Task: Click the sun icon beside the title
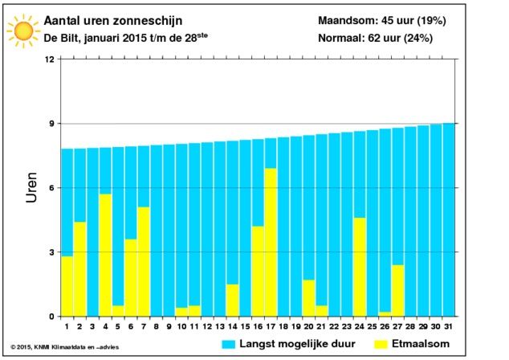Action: [23, 31]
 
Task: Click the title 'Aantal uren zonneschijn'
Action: [113, 21]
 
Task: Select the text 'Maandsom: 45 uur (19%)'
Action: [382, 20]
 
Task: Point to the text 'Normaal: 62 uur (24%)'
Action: [375, 38]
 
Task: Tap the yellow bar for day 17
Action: [271, 242]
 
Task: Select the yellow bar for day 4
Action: [105, 255]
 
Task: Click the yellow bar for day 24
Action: [360, 267]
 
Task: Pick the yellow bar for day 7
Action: [144, 261]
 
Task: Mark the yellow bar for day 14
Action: [233, 301]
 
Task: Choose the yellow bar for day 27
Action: [398, 290]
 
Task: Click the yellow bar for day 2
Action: [79, 269]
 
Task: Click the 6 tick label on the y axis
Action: [52, 188]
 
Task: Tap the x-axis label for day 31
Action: [448, 326]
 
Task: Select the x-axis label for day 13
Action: [220, 326]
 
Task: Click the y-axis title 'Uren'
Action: [31, 188]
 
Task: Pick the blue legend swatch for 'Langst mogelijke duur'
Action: [228, 345]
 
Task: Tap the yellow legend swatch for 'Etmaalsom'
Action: [381, 345]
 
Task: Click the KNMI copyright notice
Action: [65, 347]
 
